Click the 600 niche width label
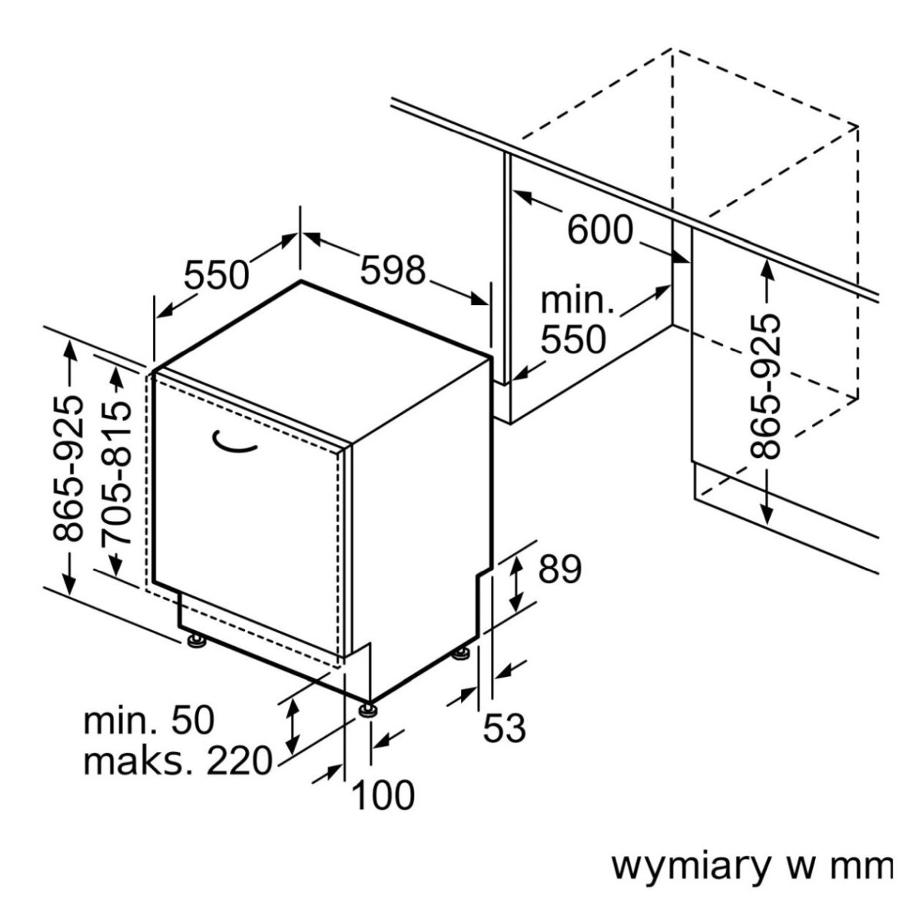click(x=599, y=229)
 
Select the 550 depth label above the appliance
click(x=217, y=274)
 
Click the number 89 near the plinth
click(x=559, y=569)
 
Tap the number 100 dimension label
click(x=383, y=795)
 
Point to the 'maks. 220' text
click(x=177, y=761)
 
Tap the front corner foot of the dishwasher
click(x=368, y=708)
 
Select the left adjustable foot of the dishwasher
click(x=195, y=640)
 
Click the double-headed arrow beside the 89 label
click(x=518, y=583)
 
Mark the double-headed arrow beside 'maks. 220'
click(x=292, y=727)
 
